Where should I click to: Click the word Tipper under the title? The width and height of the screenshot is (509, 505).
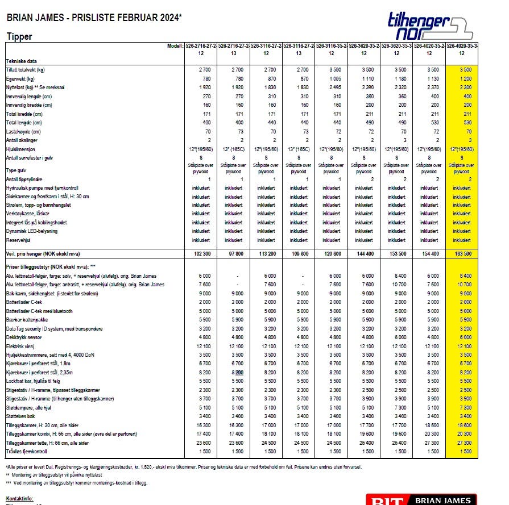(19, 36)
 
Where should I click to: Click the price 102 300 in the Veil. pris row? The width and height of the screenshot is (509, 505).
(200, 253)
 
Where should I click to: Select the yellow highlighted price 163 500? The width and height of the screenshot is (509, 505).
(461, 253)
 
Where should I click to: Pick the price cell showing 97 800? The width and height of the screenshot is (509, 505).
(233, 253)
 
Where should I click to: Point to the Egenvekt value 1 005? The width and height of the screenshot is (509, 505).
(331, 78)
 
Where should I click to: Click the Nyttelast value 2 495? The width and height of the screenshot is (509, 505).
(331, 87)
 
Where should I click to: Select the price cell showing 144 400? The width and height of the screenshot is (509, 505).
(364, 253)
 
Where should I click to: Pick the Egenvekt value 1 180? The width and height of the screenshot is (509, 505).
(396, 78)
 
